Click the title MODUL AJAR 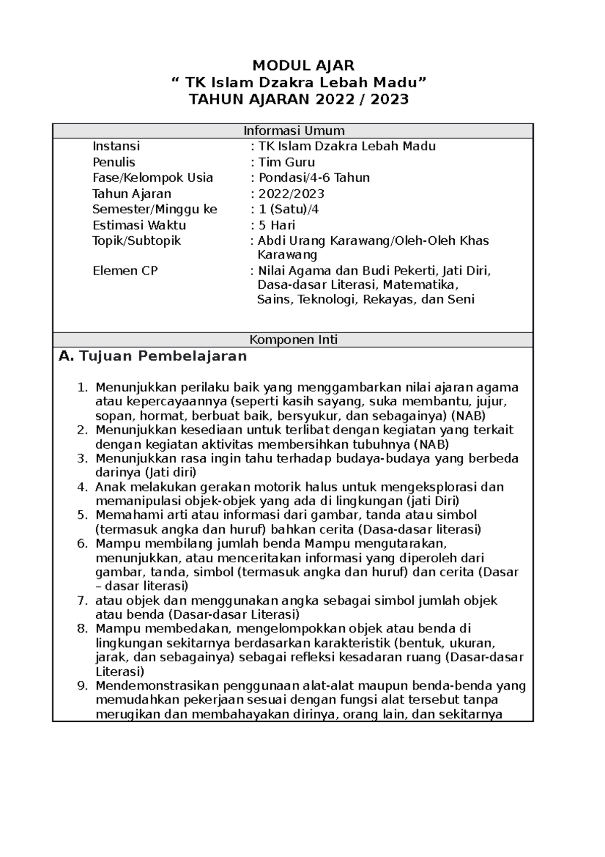[x=303, y=65]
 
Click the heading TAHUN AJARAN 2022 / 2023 [x=298, y=99]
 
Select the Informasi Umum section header [x=294, y=131]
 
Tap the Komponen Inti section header [x=294, y=340]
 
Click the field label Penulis [x=114, y=162]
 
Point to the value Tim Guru [x=286, y=162]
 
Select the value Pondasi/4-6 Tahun [x=314, y=178]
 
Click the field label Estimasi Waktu [x=139, y=225]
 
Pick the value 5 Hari [x=276, y=225]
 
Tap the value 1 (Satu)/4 [x=288, y=209]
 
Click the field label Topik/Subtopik [x=137, y=241]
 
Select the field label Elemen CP [x=125, y=271]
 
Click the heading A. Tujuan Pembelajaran [x=153, y=356]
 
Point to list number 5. [x=83, y=515]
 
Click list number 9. [x=83, y=686]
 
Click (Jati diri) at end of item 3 [x=170, y=473]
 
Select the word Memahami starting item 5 [x=126, y=515]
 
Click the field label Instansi [x=116, y=146]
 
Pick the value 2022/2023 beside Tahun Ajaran [x=291, y=194]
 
